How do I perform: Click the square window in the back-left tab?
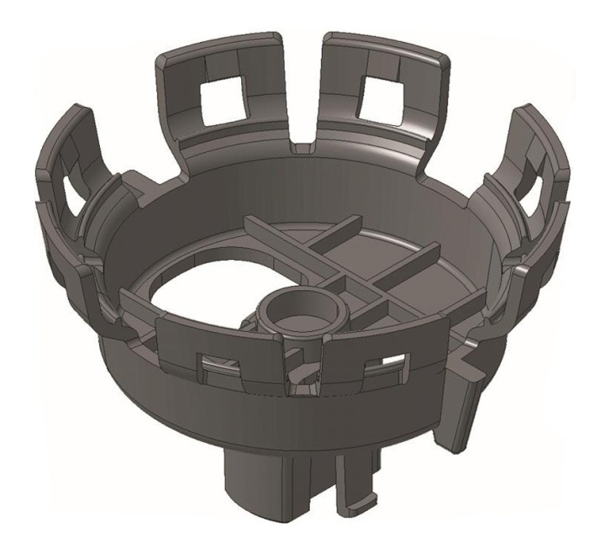tap(222, 105)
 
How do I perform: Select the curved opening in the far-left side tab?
tap(73, 198)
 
